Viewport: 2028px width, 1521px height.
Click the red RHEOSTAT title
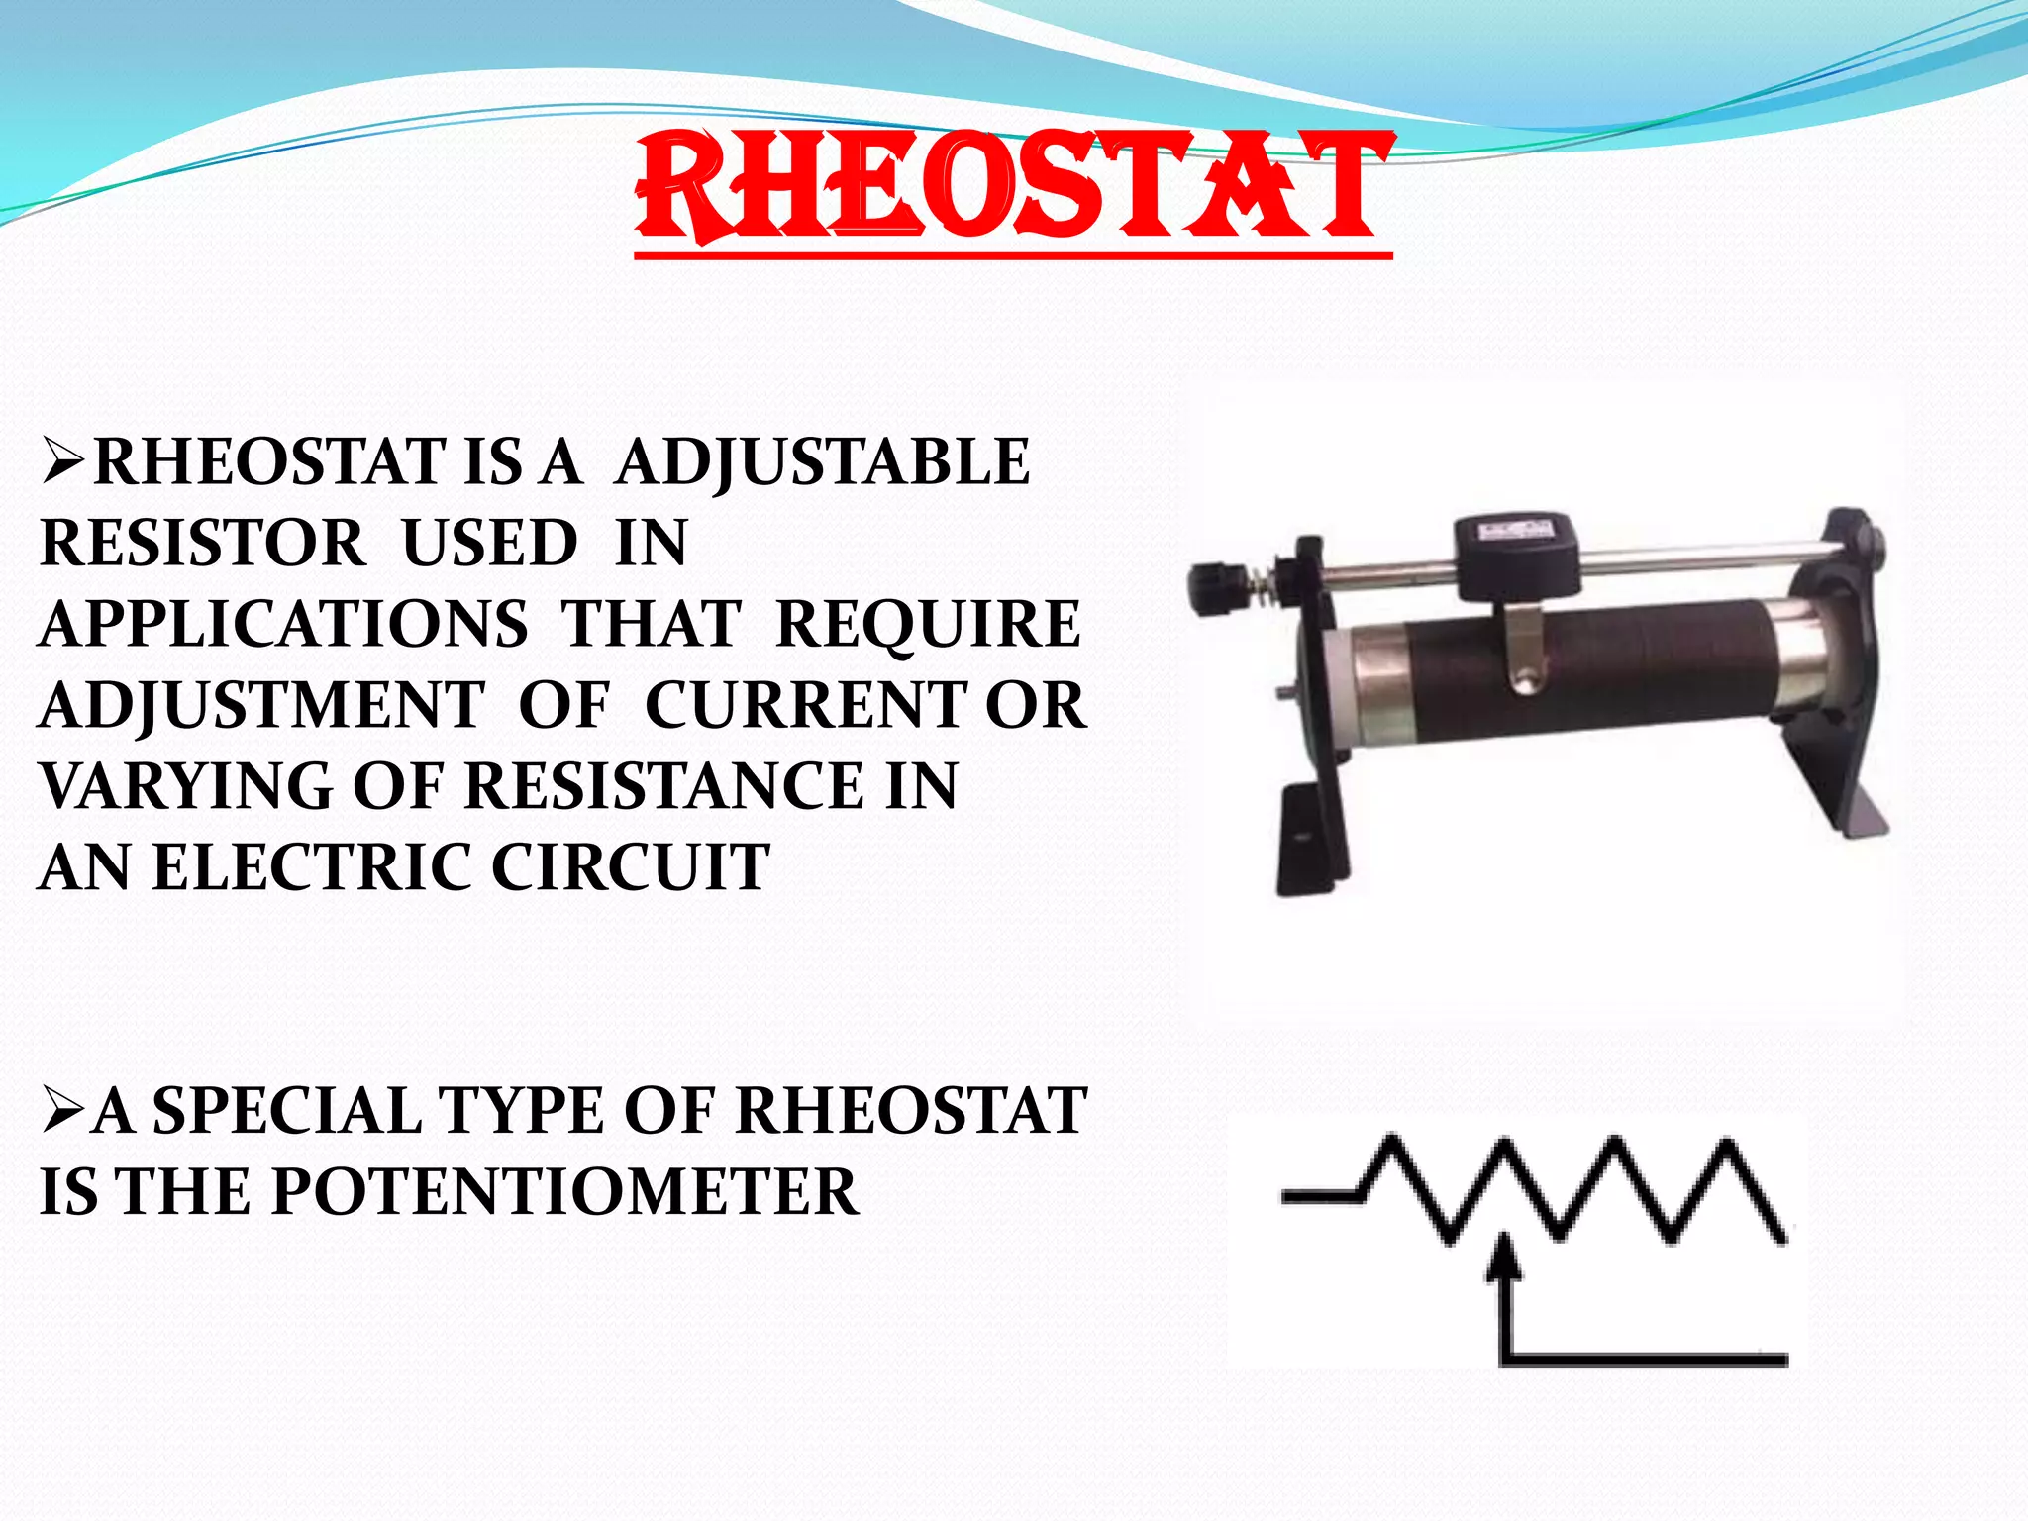(x=1013, y=188)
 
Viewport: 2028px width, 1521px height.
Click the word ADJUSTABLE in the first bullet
(x=822, y=461)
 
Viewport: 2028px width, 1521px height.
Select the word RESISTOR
(x=203, y=543)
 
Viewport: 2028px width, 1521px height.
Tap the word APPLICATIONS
(x=283, y=624)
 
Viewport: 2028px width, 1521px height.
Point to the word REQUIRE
(x=928, y=624)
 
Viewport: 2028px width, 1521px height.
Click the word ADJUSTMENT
(x=262, y=705)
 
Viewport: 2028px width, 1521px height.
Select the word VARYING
(x=186, y=786)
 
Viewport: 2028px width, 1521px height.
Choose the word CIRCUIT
(x=630, y=867)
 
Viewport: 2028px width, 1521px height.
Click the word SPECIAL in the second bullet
(x=286, y=1110)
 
